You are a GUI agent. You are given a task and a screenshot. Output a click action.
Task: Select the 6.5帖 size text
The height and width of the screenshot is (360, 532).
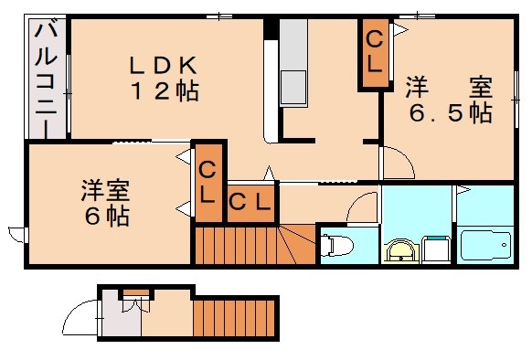click(x=449, y=113)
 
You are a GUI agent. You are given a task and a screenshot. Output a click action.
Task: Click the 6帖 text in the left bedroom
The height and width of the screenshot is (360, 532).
click(x=104, y=217)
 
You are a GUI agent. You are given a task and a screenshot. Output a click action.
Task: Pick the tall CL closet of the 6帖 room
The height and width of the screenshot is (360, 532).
click(x=208, y=182)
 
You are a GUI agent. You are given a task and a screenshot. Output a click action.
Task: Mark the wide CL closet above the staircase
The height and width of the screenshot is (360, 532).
click(x=249, y=201)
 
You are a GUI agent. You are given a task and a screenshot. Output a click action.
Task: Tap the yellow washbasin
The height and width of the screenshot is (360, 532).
click(x=400, y=250)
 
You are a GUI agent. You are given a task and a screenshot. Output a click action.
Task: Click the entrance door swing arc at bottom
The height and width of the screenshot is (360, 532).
click(x=80, y=322)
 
